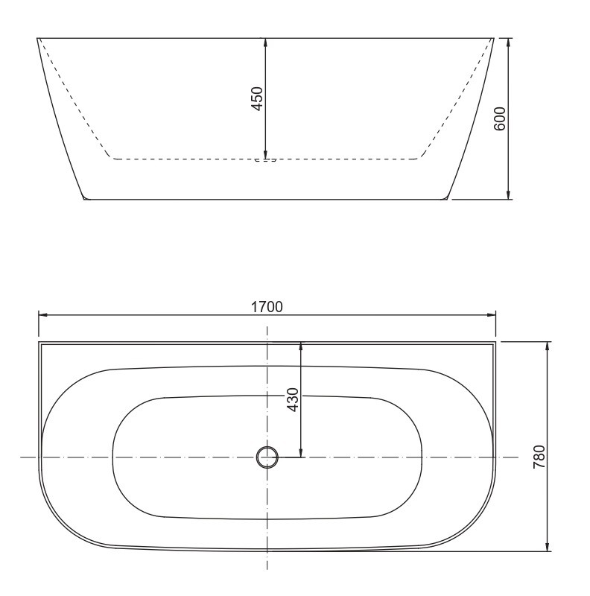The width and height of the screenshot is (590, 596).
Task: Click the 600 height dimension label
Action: click(500, 118)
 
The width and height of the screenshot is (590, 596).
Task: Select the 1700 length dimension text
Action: click(267, 306)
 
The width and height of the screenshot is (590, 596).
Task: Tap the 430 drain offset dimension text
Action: click(293, 400)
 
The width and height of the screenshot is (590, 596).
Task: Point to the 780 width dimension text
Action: click(540, 455)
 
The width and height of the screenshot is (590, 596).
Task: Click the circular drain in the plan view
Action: click(267, 457)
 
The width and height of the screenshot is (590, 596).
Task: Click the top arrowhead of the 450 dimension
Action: click(266, 42)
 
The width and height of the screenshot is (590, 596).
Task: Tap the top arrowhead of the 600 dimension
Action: click(508, 42)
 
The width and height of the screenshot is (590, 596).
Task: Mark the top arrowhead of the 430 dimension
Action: click(301, 346)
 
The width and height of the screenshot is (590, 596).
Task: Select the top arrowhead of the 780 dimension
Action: click(548, 347)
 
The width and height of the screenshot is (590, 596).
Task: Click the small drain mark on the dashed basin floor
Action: click(266, 159)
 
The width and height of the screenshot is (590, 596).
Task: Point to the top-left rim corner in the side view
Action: click(37, 37)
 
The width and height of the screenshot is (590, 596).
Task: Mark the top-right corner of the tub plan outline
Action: click(495, 342)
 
